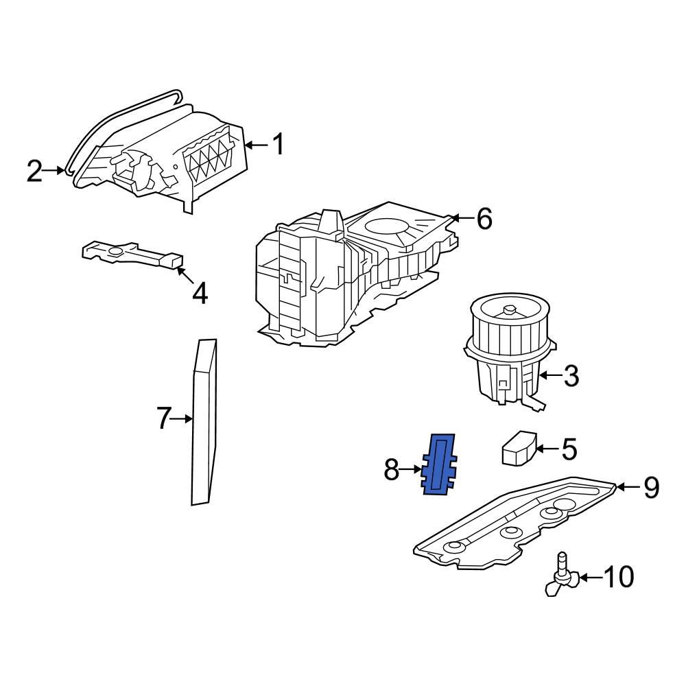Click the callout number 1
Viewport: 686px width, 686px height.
(278, 145)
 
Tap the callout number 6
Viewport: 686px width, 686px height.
(484, 219)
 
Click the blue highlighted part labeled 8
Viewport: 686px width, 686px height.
(440, 465)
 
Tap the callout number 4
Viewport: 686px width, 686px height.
(199, 294)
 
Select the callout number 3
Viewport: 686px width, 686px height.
(571, 375)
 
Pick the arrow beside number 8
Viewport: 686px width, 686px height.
(412, 470)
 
